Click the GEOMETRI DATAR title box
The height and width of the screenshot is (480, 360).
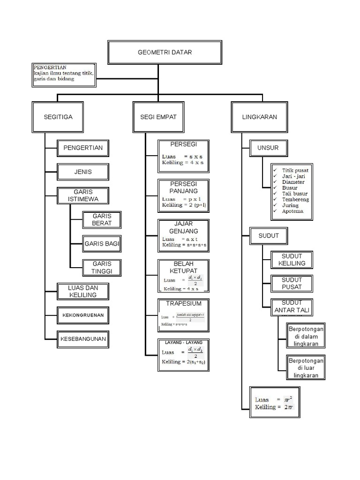[165, 52]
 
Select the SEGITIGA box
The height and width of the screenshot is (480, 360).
[58, 117]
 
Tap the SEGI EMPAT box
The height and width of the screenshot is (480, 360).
[158, 117]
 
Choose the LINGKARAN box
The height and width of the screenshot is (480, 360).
[259, 117]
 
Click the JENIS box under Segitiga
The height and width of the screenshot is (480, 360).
[83, 172]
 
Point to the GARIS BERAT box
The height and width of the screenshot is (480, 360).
[102, 219]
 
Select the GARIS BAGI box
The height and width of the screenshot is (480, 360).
[102, 244]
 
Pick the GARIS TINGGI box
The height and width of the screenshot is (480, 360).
[102, 268]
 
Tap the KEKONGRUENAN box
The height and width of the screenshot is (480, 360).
[83, 315]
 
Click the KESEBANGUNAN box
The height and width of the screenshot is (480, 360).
[83, 338]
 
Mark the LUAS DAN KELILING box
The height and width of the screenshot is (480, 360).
[83, 291]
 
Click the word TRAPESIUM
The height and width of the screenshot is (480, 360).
[183, 304]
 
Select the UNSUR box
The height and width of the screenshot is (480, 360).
[268, 148]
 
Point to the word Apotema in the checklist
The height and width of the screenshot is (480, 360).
[292, 211]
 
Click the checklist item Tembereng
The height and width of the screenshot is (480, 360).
[295, 200]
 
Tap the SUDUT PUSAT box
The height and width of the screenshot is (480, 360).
[292, 283]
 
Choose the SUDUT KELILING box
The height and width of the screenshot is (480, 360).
[292, 259]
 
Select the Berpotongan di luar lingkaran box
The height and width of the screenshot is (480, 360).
[306, 367]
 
